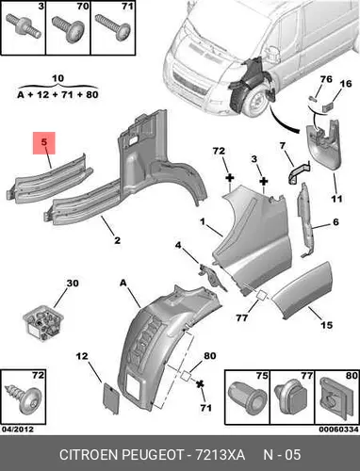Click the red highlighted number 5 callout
coord(44,143)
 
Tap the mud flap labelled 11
coord(324,144)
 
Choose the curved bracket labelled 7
coord(299,171)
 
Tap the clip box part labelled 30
coord(43,322)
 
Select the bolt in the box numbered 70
coord(68,28)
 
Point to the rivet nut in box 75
coord(247,397)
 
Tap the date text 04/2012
coord(18,429)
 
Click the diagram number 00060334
coord(339,429)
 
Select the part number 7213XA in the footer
coord(221,455)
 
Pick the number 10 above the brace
coord(57,78)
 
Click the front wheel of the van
coord(256,102)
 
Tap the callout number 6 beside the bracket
coord(335,222)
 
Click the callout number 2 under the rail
coord(117,240)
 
